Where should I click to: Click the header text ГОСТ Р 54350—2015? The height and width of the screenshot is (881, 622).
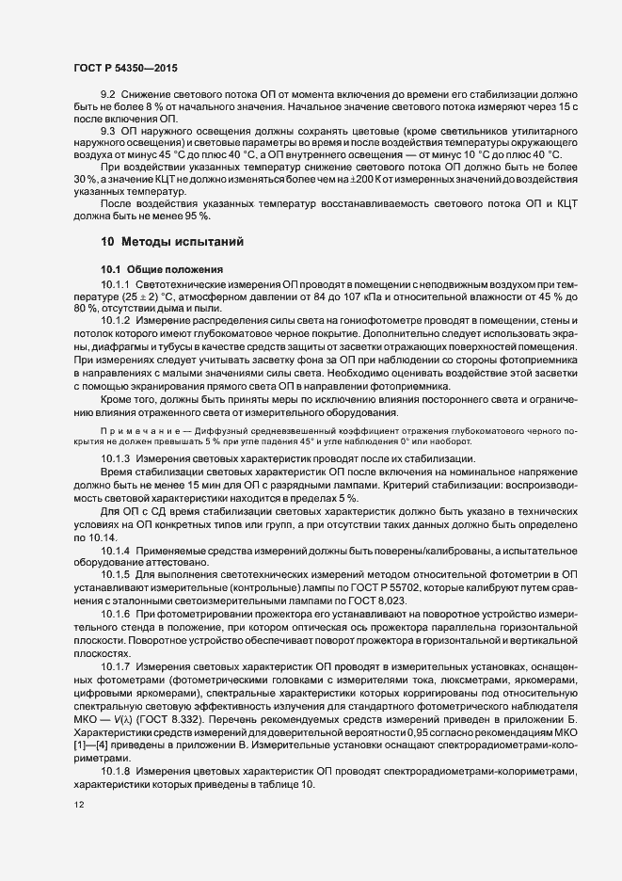(124, 68)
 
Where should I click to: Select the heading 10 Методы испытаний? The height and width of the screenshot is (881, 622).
(174, 242)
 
